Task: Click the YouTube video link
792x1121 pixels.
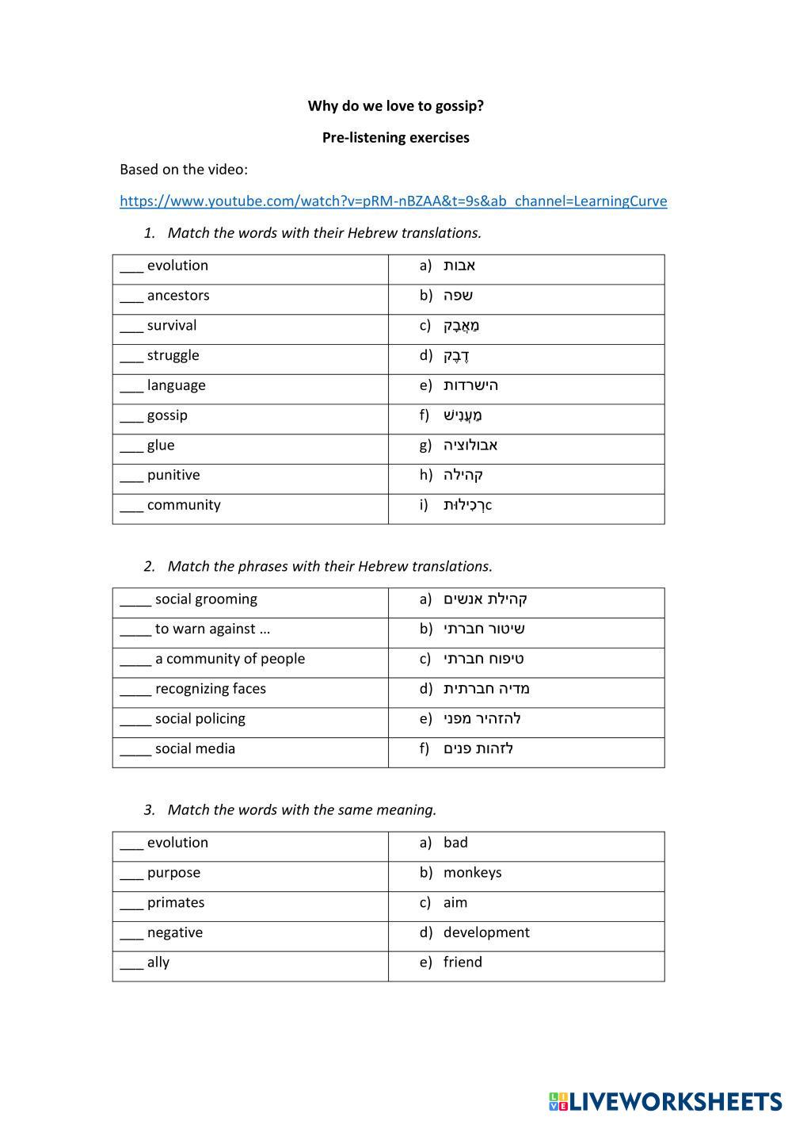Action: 393,201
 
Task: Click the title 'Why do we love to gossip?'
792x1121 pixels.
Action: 395,106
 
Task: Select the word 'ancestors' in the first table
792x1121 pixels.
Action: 178,296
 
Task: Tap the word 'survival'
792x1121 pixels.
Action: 172,326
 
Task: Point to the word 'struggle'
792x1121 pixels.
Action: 173,356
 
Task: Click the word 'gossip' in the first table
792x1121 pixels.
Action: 167,415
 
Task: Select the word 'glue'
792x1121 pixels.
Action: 161,446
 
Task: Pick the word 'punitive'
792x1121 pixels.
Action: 173,476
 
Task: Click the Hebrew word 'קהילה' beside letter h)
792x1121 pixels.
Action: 463,476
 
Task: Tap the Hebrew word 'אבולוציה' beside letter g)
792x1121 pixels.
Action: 470,446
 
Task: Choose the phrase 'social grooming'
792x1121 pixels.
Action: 206,599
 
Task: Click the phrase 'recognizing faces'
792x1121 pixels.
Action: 211,689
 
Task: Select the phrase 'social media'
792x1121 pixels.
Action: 195,749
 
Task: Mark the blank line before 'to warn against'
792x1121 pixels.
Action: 135,633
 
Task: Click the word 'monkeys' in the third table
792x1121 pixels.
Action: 472,873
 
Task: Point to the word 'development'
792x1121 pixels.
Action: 486,933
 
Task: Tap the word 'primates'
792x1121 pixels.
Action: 176,903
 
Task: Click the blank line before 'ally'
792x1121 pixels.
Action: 131,966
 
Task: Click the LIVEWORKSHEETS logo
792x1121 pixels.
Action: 664,1101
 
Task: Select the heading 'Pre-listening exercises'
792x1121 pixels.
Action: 395,138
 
